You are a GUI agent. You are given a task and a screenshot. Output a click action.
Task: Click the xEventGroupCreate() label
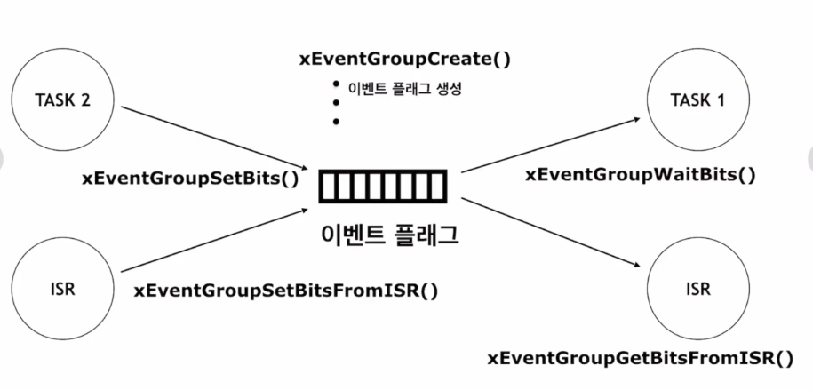407,60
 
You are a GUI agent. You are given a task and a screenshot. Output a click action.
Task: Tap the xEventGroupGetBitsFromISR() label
641,358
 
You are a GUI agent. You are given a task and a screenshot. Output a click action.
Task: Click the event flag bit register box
386,187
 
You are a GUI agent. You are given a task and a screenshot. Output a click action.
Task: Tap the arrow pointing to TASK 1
551,144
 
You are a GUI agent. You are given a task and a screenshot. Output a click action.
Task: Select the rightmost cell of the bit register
441,187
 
